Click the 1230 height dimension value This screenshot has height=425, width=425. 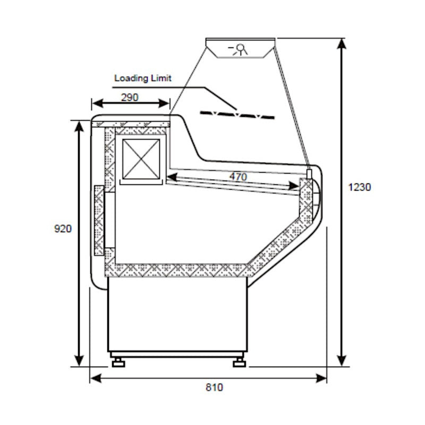pyautogui.click(x=360, y=187)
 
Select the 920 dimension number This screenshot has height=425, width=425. pyautogui.click(x=62, y=229)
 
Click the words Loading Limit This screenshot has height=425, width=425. pyautogui.click(x=143, y=78)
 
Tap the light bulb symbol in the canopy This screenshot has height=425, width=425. pyautogui.click(x=240, y=49)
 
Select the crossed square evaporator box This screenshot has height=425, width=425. pyautogui.click(x=141, y=158)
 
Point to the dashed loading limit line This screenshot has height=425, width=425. pyautogui.click(x=237, y=114)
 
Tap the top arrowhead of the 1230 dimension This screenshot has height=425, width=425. pyautogui.click(x=343, y=44)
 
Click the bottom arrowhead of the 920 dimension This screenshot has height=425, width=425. pyautogui.click(x=80, y=361)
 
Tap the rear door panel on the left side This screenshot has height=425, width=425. pyautogui.click(x=99, y=220)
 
